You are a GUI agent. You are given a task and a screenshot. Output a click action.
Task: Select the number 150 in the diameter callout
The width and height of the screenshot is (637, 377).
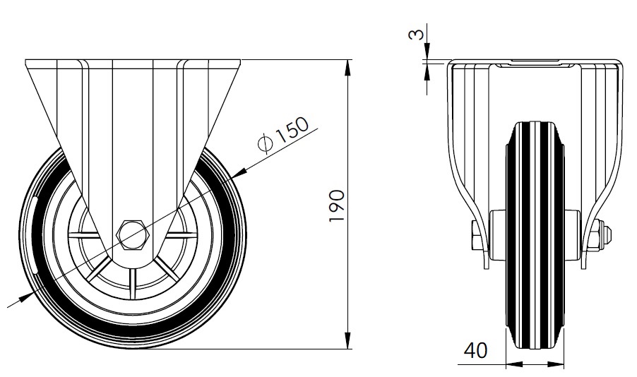pos(290,131)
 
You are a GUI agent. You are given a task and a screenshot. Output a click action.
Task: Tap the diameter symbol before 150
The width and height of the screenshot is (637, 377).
pos(266,144)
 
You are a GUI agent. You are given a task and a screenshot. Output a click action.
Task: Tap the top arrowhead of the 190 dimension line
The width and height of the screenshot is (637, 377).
pos(348,68)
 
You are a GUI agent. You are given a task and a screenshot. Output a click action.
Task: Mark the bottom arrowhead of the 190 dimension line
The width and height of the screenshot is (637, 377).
pos(348,342)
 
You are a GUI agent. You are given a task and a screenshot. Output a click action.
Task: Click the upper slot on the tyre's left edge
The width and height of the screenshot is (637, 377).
pos(35,204)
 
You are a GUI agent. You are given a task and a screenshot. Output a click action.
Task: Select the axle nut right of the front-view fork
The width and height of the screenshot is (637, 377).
pos(601,237)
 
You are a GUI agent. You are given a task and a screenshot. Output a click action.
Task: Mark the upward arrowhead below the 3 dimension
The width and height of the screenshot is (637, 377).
pos(427,71)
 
